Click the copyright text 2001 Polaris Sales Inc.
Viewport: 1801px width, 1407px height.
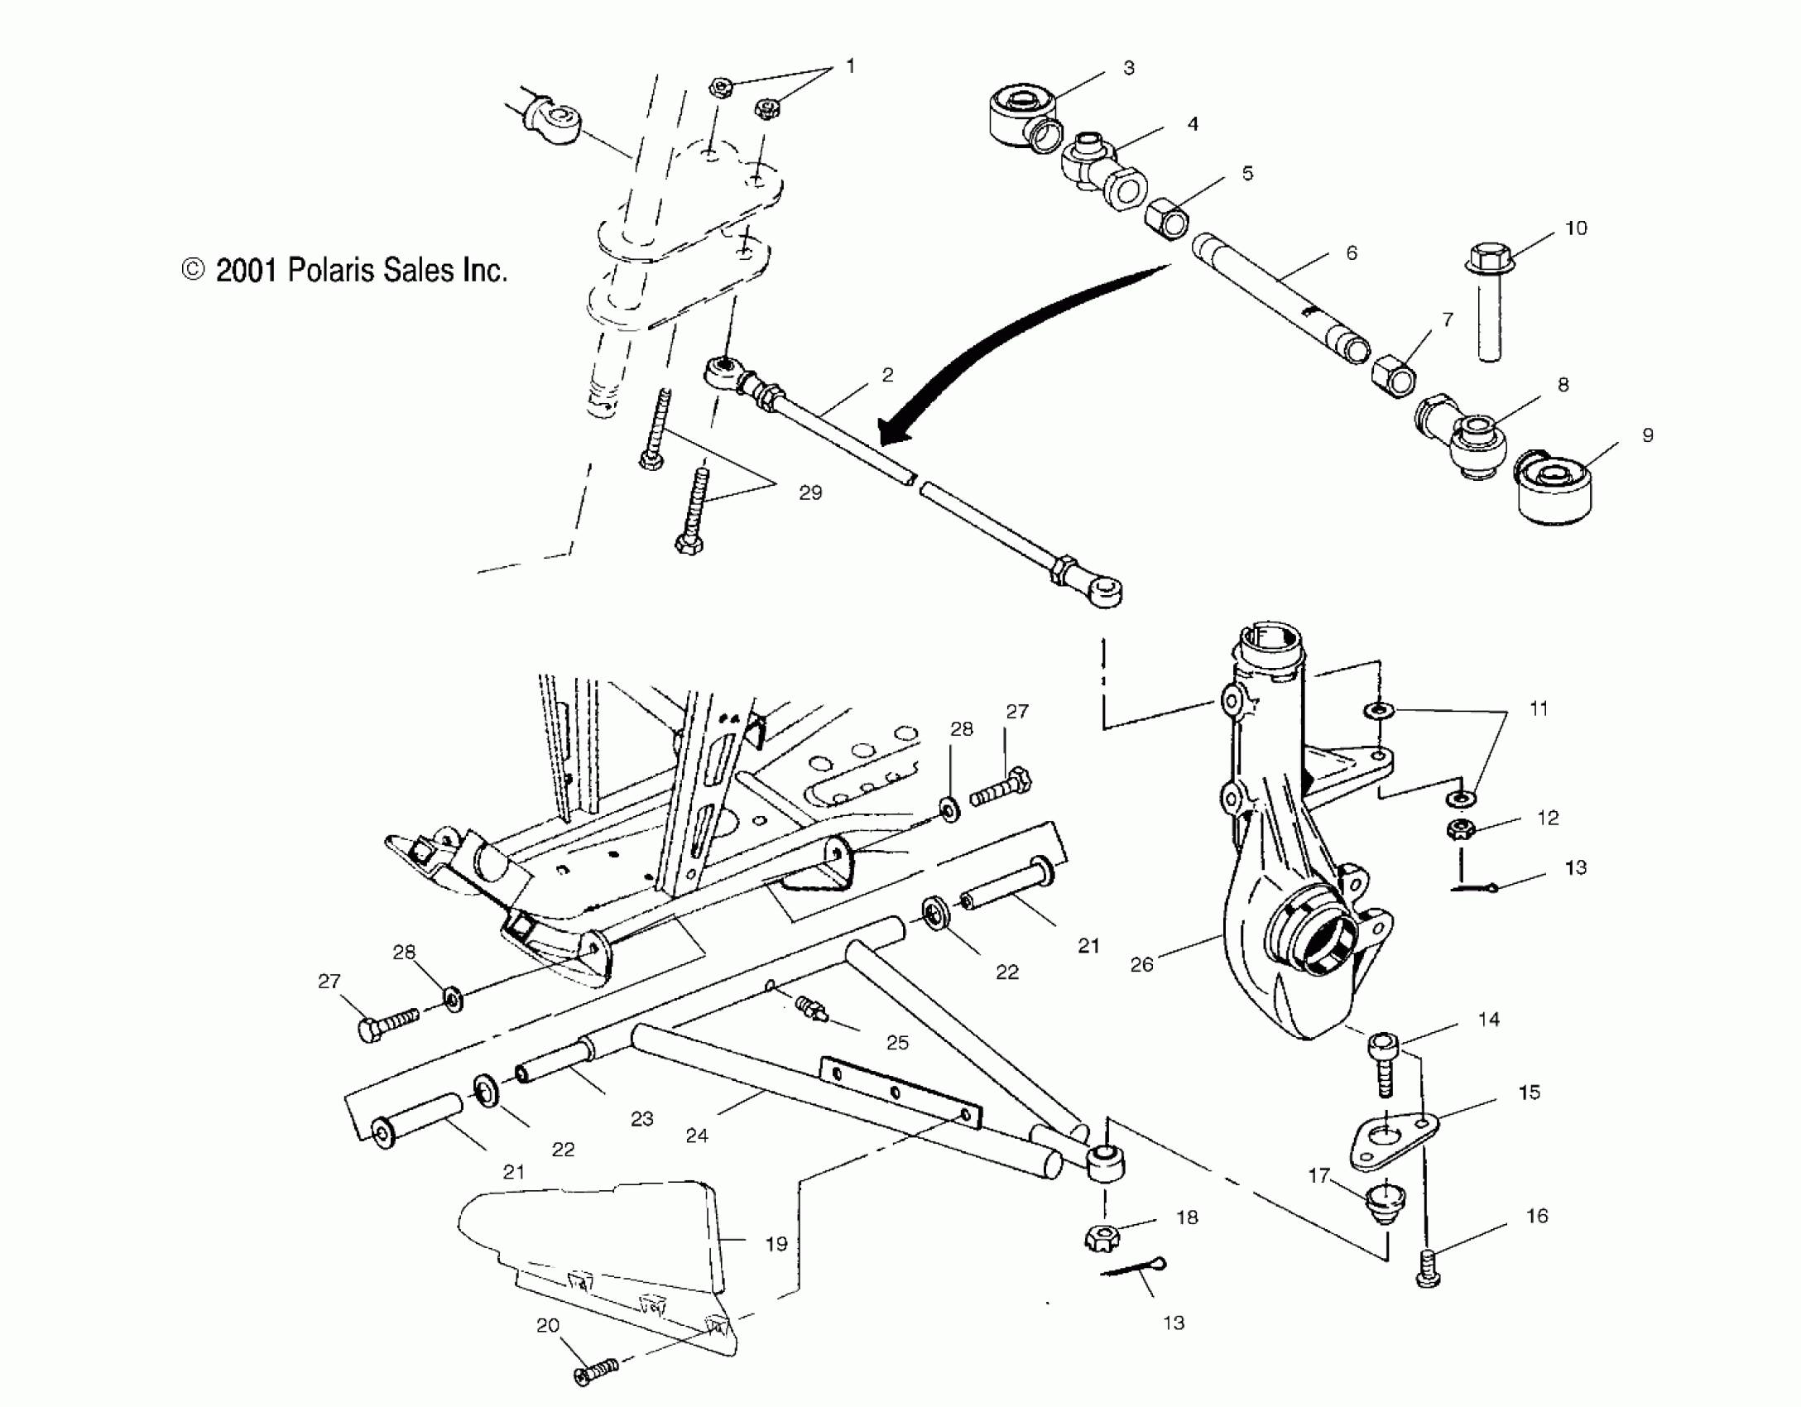tap(344, 271)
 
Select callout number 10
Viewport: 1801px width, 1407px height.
tap(1576, 228)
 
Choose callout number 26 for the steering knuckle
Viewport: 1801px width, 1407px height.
tap(1141, 964)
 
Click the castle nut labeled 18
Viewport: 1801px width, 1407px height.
tap(1099, 1237)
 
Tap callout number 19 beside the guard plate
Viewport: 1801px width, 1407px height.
tap(776, 1243)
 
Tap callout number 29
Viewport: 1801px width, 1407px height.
tap(810, 492)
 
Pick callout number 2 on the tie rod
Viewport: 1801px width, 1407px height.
tap(887, 375)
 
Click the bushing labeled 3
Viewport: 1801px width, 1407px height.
tap(1021, 113)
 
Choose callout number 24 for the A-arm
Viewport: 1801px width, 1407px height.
tap(697, 1136)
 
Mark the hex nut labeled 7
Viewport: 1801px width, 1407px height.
tap(1393, 377)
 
